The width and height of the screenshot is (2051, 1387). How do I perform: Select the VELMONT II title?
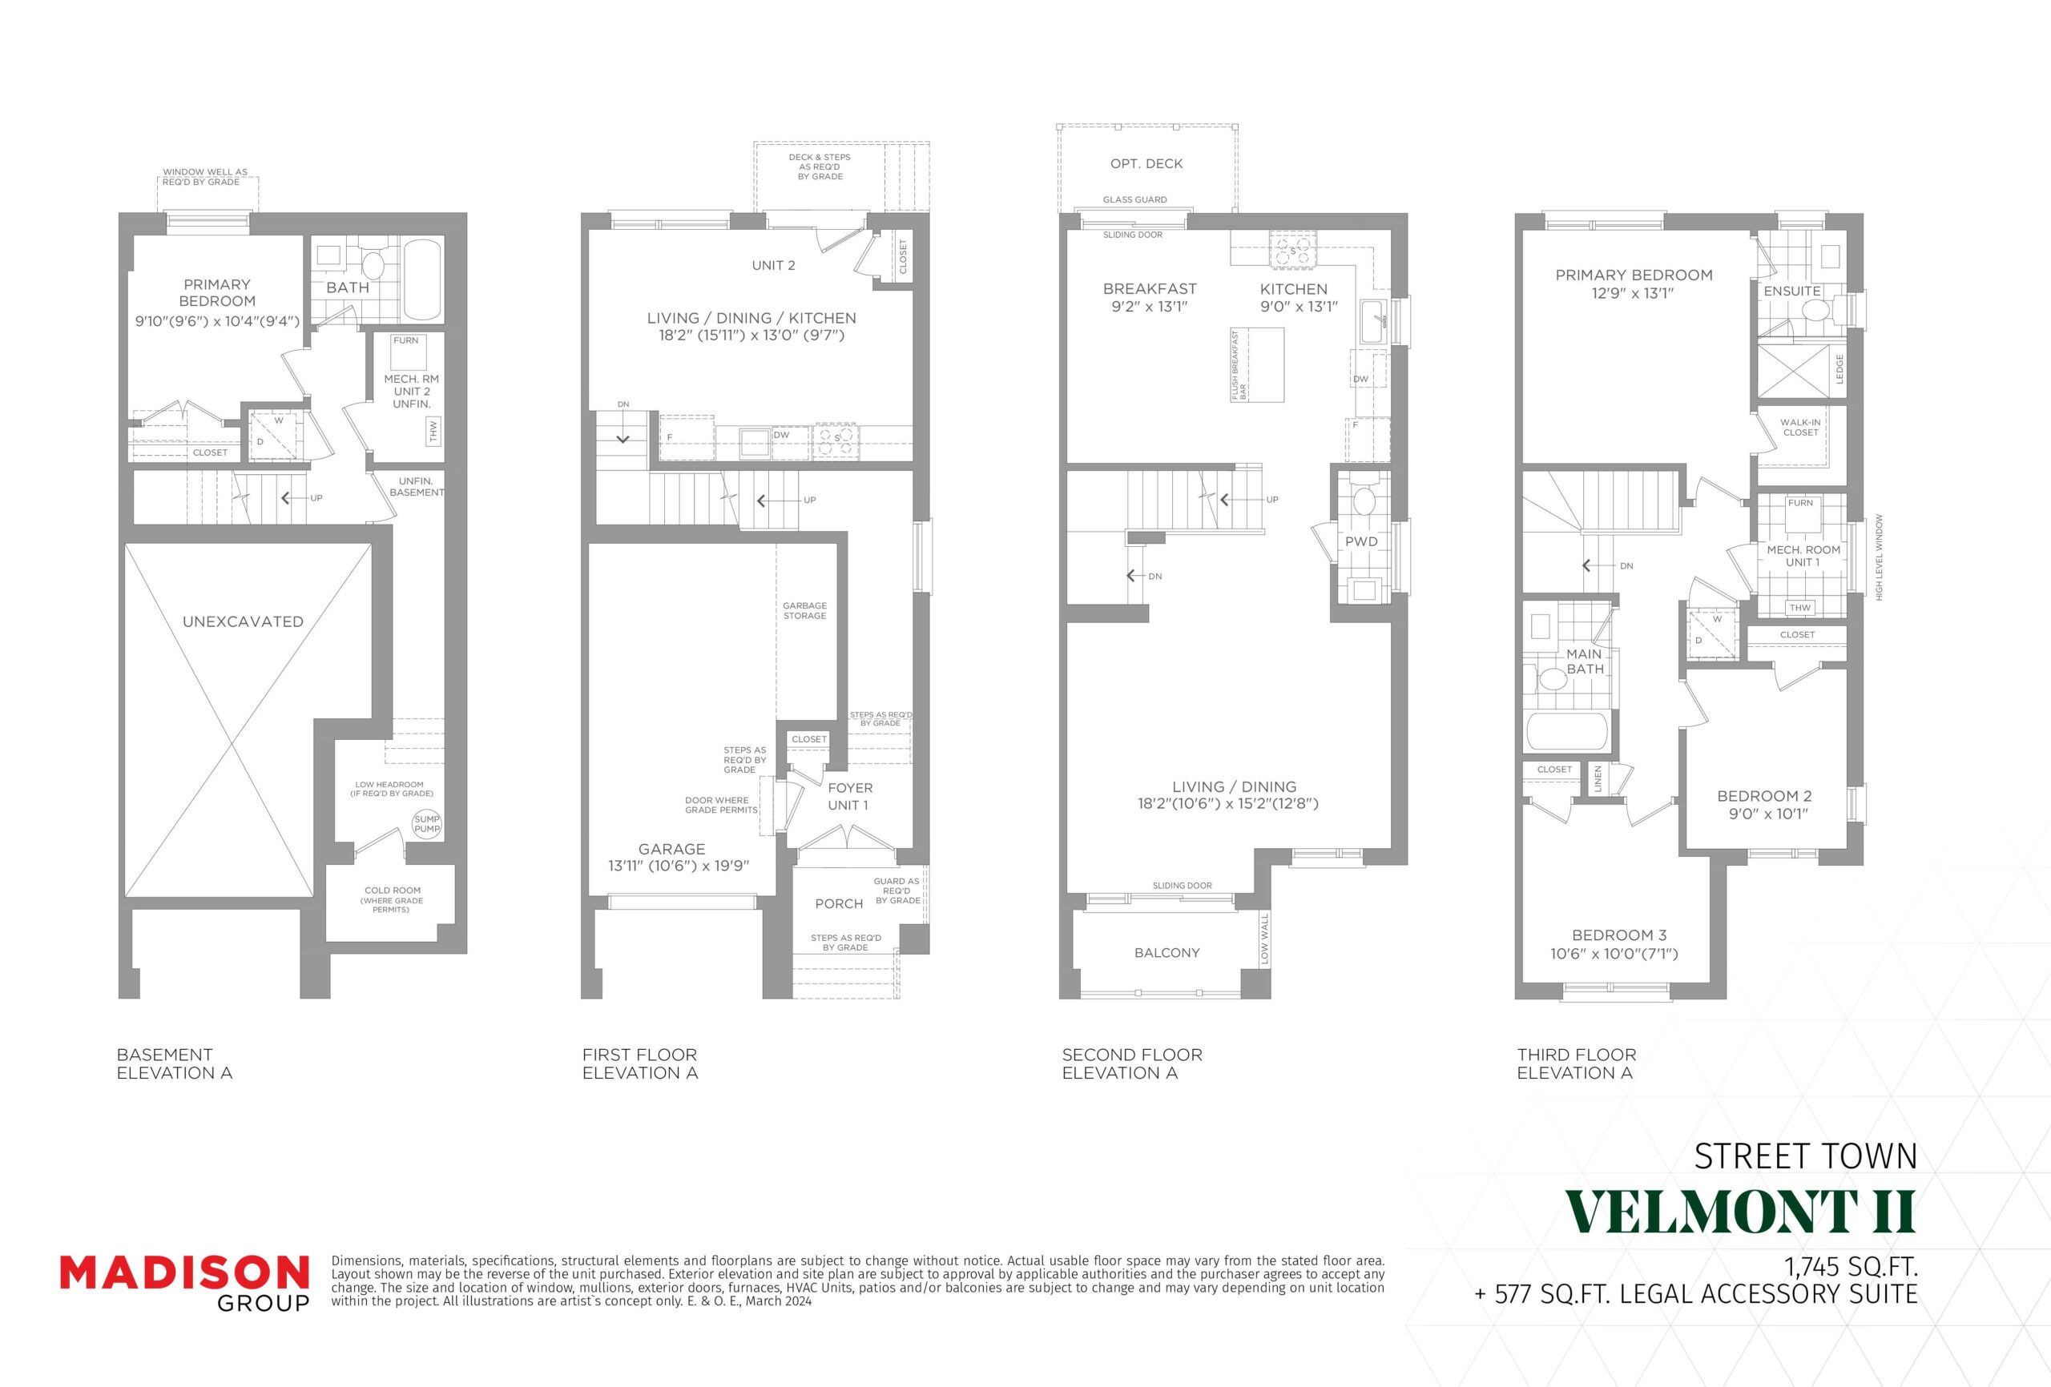(1740, 1212)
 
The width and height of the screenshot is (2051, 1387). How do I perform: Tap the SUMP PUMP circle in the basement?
(426, 824)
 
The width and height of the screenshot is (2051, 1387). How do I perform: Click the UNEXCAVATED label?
(243, 621)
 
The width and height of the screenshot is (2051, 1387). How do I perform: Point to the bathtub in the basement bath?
(422, 279)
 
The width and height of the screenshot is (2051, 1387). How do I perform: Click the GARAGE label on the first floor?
(671, 849)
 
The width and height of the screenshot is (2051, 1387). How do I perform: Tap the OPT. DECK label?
(1146, 163)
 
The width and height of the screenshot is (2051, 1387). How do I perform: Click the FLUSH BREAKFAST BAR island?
(1257, 364)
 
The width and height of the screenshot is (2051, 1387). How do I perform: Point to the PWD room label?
(1361, 541)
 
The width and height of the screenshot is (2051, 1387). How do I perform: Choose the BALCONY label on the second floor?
(1167, 952)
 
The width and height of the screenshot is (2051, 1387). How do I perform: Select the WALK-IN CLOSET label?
(1800, 427)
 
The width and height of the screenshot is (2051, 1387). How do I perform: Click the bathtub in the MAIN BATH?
(1567, 730)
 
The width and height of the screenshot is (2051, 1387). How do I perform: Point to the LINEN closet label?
(1598, 779)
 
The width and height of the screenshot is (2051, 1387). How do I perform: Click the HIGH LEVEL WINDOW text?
(1879, 557)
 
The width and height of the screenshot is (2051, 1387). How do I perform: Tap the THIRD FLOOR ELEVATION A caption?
(1576, 1063)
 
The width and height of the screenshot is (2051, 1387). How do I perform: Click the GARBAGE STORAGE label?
(804, 610)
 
